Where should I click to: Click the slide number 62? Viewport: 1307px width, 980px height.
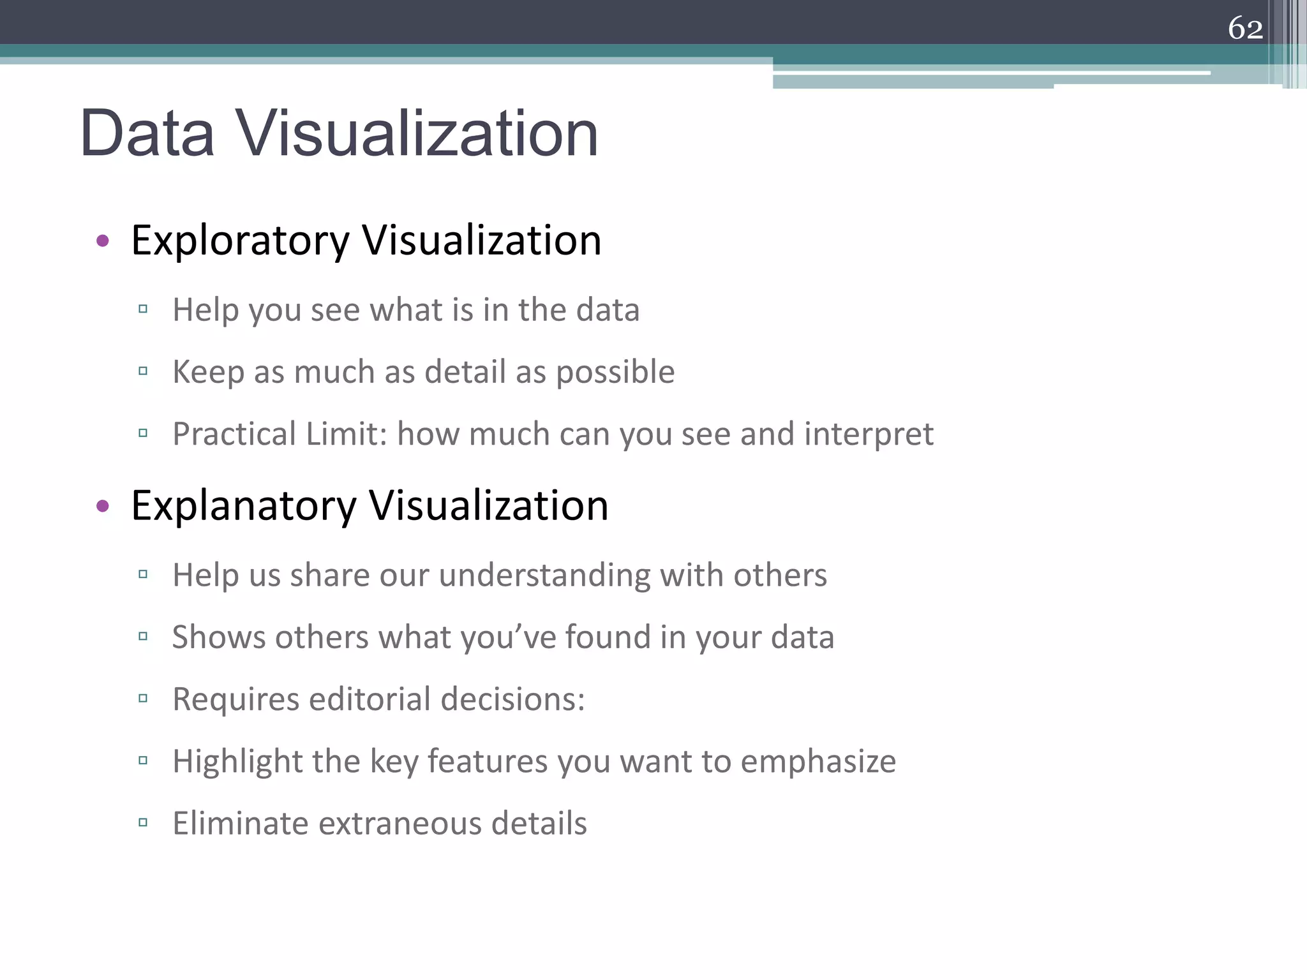coord(1245,29)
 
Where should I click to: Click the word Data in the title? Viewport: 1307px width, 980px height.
coord(147,133)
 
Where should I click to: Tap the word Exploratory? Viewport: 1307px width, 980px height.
coord(241,241)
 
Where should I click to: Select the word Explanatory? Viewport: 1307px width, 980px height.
coord(244,506)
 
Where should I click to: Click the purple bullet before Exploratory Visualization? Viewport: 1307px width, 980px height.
coord(103,241)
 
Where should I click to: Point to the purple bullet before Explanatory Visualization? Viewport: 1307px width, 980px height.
coord(103,507)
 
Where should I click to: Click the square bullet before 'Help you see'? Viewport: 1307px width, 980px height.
coord(143,309)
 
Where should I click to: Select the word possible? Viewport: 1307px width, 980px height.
coord(615,373)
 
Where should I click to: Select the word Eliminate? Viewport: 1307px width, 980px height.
coord(241,823)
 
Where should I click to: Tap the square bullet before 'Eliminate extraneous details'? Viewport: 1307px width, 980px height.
coord(143,823)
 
